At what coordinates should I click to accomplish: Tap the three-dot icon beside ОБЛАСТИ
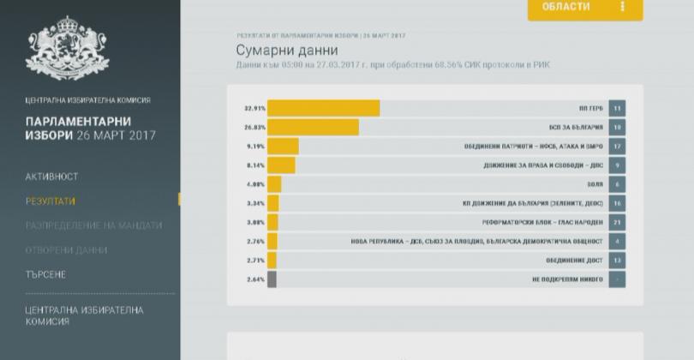[623, 7]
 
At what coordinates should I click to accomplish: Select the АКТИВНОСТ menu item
[51, 177]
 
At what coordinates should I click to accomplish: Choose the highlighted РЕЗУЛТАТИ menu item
[50, 201]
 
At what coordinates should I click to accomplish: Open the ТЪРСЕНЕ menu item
[45, 274]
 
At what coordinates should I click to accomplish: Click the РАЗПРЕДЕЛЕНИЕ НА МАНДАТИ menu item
[93, 225]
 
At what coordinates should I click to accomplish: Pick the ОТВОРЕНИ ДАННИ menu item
[66, 250]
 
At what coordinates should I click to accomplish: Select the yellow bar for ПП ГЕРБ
[323, 108]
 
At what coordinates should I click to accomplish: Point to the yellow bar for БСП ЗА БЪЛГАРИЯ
[313, 127]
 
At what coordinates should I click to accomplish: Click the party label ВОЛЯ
[594, 184]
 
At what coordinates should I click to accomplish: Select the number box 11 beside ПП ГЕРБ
[617, 109]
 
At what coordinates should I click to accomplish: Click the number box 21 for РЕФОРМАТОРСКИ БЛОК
[617, 222]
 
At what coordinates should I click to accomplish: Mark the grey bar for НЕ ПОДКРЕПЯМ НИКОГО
[272, 279]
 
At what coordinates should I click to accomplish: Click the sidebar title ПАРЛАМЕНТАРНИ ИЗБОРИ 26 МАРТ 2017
[91, 128]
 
